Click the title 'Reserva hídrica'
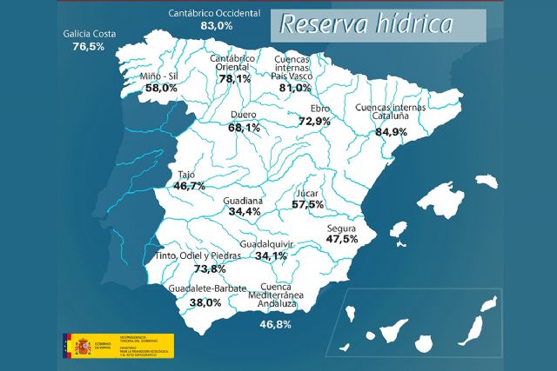pyautogui.click(x=366, y=24)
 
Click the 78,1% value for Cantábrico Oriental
pyautogui.click(x=234, y=78)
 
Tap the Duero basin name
pyautogui.click(x=244, y=115)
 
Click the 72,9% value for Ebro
pyautogui.click(x=314, y=121)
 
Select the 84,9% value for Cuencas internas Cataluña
pyautogui.click(x=391, y=132)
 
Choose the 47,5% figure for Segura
pyautogui.click(x=342, y=238)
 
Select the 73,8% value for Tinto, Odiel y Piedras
pyautogui.click(x=197, y=268)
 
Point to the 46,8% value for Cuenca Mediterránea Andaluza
pyautogui.click(x=275, y=324)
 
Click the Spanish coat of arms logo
pyautogui.click(x=81, y=346)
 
